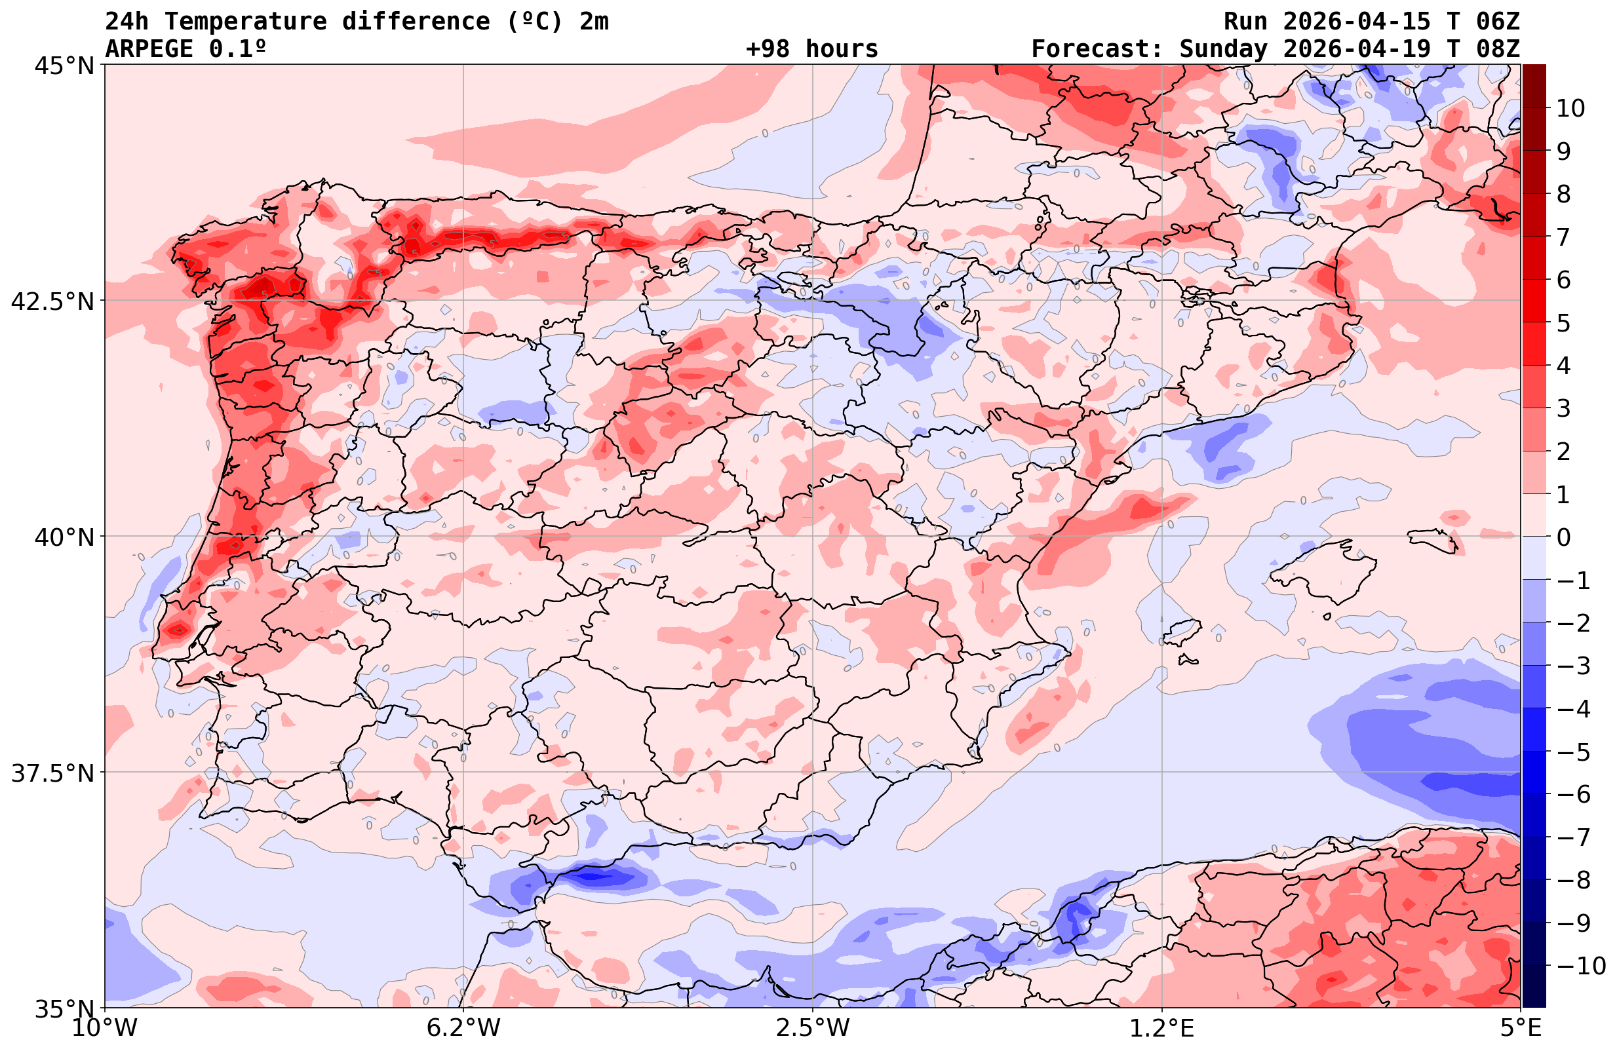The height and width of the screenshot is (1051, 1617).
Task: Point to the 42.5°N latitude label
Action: [52, 301]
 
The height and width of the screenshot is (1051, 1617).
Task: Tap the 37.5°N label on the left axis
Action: [52, 773]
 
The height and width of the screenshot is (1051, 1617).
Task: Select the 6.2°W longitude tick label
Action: [463, 1027]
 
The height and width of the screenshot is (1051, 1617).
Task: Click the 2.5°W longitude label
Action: [813, 1027]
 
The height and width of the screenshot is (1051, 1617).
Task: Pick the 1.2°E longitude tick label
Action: [1162, 1027]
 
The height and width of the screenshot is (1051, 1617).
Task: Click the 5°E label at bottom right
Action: [1521, 1027]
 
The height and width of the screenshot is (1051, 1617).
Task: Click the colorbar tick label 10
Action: [1570, 108]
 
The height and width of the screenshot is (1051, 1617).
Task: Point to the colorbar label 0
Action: [1563, 537]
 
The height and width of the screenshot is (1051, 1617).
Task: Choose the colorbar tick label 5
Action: [1563, 324]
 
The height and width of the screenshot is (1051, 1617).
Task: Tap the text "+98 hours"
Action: [812, 49]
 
